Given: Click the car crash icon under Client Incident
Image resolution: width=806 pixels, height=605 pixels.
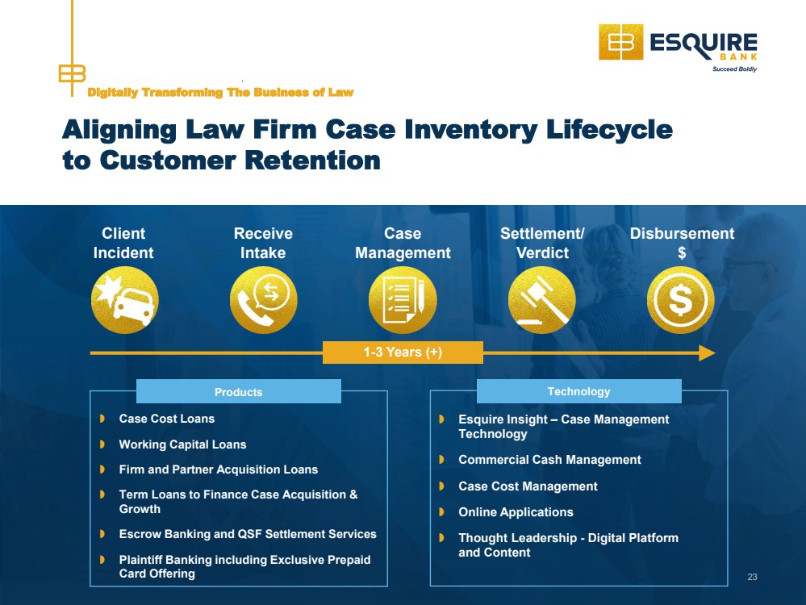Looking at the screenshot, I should click(125, 300).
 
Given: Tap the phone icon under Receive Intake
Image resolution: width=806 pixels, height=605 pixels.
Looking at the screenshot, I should click(264, 300).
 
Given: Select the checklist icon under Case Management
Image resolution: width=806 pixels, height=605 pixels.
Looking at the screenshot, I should click(403, 300).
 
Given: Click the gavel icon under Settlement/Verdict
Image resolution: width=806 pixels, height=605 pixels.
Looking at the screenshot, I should click(542, 300).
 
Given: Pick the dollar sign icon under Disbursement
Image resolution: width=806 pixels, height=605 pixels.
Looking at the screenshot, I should click(681, 300).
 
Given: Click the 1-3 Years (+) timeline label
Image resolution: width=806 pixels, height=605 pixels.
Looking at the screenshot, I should click(403, 353).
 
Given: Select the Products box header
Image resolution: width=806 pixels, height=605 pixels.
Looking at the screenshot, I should click(238, 392).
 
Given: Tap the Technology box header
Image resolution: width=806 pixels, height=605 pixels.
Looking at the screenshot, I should click(578, 391).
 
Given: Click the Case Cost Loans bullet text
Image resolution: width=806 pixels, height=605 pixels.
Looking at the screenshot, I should click(166, 419).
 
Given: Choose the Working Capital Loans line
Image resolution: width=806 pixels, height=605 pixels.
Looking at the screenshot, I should click(182, 444).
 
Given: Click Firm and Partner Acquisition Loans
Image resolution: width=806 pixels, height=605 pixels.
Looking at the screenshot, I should click(218, 469).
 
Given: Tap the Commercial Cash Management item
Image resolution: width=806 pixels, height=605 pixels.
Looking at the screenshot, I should click(549, 460).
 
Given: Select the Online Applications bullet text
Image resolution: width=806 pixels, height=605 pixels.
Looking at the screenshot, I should click(516, 512).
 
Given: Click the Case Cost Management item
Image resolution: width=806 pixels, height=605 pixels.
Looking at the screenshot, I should click(528, 486).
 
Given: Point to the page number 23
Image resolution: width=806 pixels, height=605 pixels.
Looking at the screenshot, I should click(753, 577).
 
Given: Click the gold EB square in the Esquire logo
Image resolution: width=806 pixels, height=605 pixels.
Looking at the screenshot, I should click(620, 42).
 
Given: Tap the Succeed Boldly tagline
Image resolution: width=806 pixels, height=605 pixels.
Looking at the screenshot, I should click(734, 69).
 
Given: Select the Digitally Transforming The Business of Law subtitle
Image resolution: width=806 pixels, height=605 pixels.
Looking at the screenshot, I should click(220, 93).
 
